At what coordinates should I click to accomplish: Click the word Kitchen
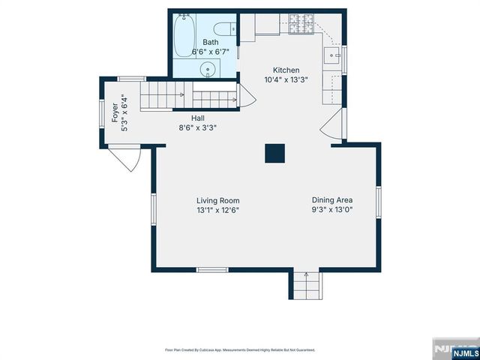(286, 70)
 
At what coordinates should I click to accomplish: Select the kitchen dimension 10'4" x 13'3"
(286, 79)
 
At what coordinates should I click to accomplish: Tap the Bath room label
(210, 42)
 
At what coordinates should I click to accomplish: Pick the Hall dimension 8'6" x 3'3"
(197, 127)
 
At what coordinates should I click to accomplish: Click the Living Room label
(217, 200)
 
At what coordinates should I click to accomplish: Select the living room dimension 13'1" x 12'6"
(217, 210)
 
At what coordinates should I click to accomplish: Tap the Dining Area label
(332, 200)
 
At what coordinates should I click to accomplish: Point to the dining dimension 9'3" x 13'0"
(332, 210)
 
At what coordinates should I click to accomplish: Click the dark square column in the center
(274, 152)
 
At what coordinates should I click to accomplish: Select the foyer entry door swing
(124, 157)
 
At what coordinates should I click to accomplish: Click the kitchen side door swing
(332, 127)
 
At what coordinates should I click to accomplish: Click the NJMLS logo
(454, 350)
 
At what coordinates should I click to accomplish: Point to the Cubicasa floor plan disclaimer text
(240, 349)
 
